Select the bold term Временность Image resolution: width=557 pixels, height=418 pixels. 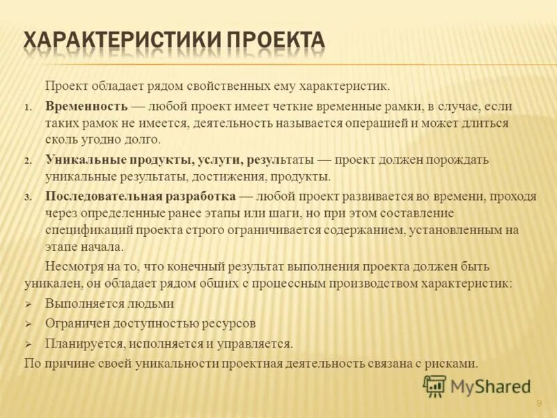coord(86,107)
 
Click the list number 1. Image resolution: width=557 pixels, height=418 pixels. coord(28,108)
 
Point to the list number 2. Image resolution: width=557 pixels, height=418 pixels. coord(28,161)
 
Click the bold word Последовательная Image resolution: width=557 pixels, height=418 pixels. coord(104,196)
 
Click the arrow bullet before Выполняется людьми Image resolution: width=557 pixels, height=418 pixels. coord(29,304)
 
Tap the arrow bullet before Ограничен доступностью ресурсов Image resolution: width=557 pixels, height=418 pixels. coord(29,324)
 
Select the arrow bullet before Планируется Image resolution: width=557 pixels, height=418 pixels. coord(29,344)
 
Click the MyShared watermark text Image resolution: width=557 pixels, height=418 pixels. coord(490,387)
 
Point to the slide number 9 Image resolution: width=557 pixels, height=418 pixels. coord(538,405)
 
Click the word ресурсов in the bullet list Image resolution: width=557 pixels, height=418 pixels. coord(230,323)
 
